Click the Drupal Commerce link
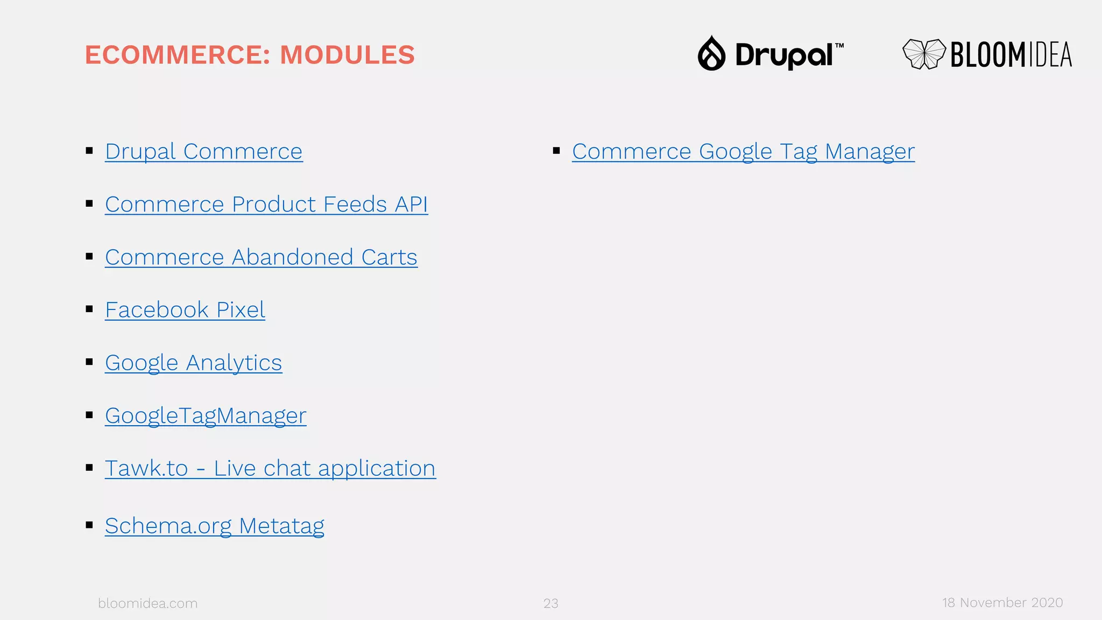point(203,152)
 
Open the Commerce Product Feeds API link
point(266,205)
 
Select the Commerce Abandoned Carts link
point(261,257)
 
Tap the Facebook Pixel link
point(185,310)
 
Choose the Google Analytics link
point(193,363)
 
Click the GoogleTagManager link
point(206,415)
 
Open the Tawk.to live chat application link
point(270,468)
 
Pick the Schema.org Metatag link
point(214,526)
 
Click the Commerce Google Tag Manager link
point(743,152)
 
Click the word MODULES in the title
point(347,55)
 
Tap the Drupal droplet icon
point(711,54)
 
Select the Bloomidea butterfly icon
point(924,54)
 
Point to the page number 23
point(550,603)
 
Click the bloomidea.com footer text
point(147,603)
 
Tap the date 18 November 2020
point(1002,603)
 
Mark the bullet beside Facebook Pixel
point(89,309)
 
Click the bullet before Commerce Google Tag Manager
point(556,151)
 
